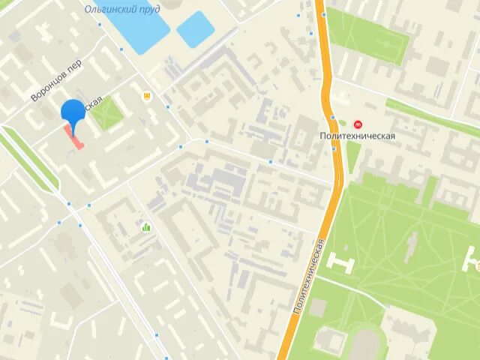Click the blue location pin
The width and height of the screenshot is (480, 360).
click(x=73, y=112)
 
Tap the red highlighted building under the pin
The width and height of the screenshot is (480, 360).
click(x=74, y=138)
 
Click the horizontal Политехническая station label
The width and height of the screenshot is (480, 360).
click(x=357, y=137)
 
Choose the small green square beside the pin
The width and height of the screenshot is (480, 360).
click(x=107, y=113)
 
